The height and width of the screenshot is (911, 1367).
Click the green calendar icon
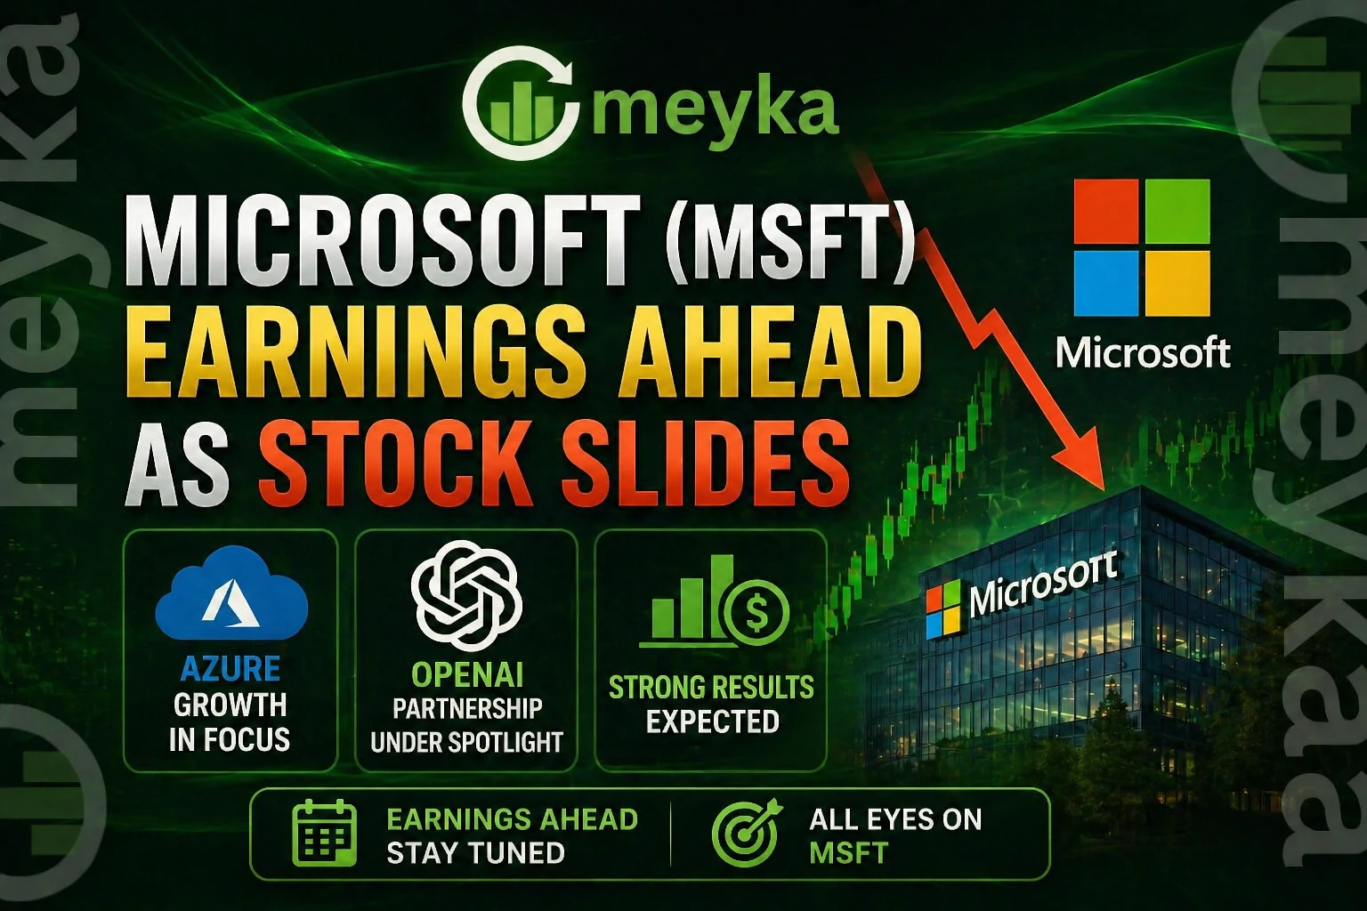coord(324,834)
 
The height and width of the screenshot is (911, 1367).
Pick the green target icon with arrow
coord(745,834)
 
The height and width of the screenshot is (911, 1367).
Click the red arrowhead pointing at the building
coord(1080,463)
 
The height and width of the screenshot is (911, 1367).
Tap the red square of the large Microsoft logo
coord(1106,212)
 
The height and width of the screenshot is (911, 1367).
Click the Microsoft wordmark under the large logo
coord(1143,353)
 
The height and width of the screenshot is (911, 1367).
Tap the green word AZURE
coord(230,669)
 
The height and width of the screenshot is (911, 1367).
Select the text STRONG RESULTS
coord(711,687)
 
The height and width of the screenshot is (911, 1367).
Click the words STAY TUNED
coord(475,852)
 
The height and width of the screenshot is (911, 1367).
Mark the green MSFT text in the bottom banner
coord(848,852)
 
